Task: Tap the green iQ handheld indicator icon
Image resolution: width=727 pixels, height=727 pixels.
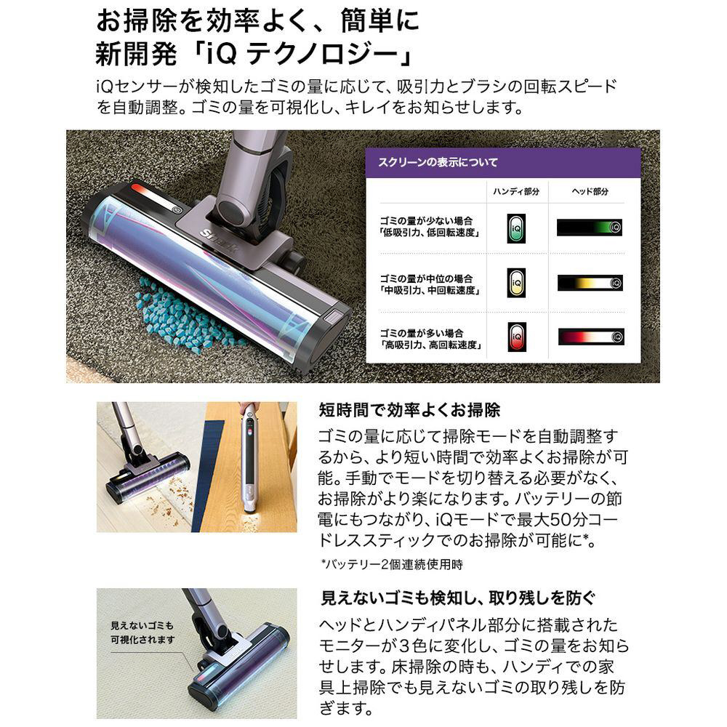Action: tap(516, 228)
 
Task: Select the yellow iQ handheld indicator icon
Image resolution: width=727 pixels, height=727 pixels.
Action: tap(516, 283)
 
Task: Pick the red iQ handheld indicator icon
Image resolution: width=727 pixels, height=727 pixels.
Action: tap(516, 337)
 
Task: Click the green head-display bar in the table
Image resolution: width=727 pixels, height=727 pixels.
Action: tap(590, 227)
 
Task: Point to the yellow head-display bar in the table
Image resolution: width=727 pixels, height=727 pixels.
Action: tap(590, 282)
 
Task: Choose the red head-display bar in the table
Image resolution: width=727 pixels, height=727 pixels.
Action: tap(590, 337)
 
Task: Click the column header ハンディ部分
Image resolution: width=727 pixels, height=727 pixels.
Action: tap(516, 191)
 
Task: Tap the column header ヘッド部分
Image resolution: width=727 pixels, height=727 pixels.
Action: tap(590, 191)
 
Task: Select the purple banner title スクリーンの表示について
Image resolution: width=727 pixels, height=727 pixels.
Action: tap(438, 162)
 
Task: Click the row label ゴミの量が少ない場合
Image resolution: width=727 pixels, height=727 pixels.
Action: tap(426, 221)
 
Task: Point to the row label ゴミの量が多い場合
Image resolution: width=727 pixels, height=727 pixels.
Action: tap(422, 333)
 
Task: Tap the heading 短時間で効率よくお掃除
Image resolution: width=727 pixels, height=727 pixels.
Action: tap(409, 410)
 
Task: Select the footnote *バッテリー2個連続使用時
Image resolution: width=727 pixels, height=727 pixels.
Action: tap(392, 564)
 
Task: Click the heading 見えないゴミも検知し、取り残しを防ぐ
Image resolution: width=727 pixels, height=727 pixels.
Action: tap(457, 598)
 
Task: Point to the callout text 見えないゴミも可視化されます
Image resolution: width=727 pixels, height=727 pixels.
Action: tap(142, 632)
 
